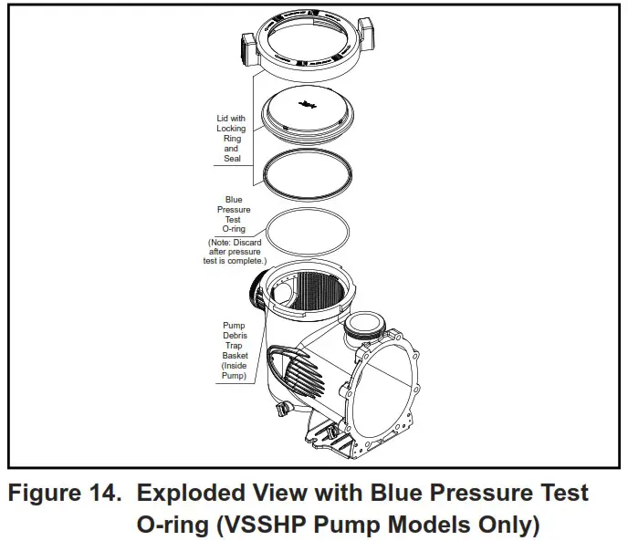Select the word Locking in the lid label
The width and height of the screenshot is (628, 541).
pos(231,129)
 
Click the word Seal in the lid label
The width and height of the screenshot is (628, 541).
pos(231,159)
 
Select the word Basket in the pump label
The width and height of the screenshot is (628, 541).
pos(234,356)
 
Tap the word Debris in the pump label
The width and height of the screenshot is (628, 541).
pos(234,336)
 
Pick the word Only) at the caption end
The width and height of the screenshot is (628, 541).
pos(501,526)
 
